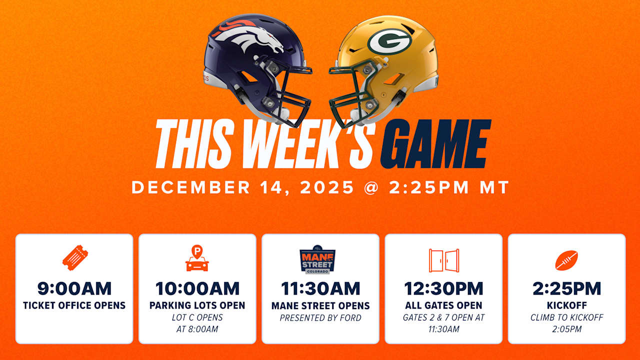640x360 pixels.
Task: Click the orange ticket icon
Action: tap(75, 257)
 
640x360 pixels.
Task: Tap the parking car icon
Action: tap(197, 258)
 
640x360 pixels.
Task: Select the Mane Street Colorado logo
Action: tap(317, 259)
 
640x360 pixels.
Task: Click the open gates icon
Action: tap(444, 260)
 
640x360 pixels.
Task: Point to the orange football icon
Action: tap(566, 260)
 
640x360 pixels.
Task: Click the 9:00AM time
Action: tap(74, 288)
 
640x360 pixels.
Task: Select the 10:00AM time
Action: tap(197, 288)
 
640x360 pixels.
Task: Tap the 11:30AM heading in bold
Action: tap(320, 288)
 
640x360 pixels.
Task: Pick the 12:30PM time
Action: tap(443, 288)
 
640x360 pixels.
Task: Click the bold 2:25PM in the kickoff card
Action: tap(567, 288)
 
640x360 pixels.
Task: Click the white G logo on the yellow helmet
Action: tap(389, 41)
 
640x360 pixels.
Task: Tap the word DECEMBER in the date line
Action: tap(191, 187)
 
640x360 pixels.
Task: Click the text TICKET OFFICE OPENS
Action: tap(74, 305)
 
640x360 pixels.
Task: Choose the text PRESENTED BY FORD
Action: tap(320, 318)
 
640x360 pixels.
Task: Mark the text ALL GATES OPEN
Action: tap(443, 305)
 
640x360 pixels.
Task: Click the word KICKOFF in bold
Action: tap(567, 305)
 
